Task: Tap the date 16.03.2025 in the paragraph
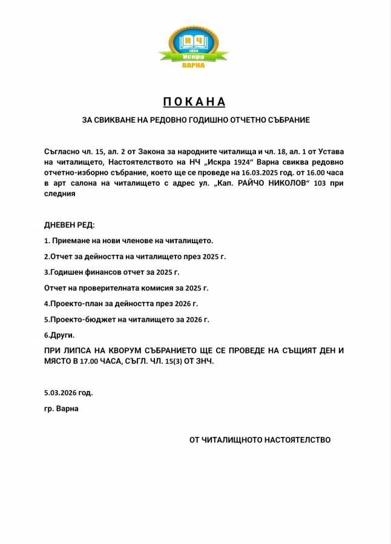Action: pos(284,172)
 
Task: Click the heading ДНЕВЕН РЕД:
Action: pos(69,225)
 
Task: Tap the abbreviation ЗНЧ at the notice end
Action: pos(205,361)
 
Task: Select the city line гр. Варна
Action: pos(61,408)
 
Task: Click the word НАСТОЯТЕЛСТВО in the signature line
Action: pos(297,440)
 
